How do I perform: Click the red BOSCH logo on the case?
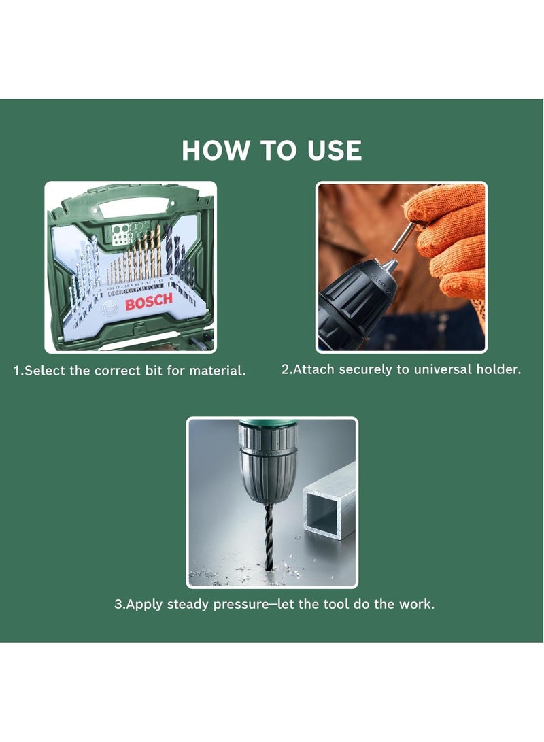pyautogui.click(x=149, y=301)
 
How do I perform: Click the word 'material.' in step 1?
pyautogui.click(x=218, y=370)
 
